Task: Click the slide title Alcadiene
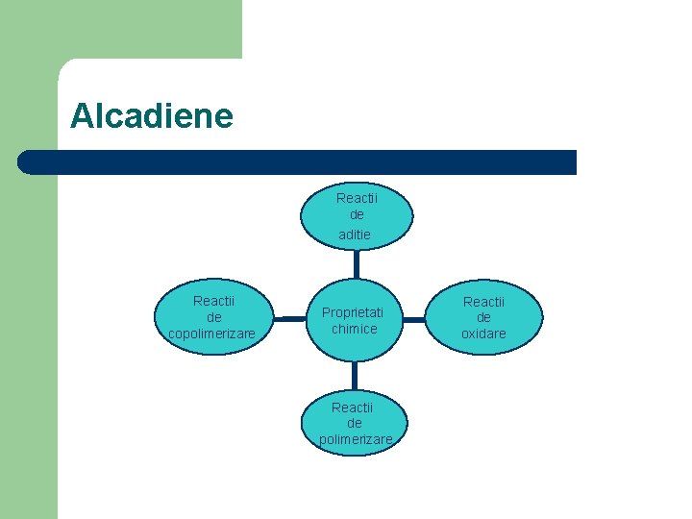click(152, 116)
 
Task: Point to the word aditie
click(355, 235)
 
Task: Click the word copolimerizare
click(211, 334)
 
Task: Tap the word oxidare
click(483, 334)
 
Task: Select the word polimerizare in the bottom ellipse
click(356, 439)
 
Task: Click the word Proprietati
click(353, 312)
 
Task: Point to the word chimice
click(354, 329)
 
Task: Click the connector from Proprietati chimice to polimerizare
click(355, 375)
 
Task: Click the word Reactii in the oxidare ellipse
click(483, 302)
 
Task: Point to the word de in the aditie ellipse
click(357, 215)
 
